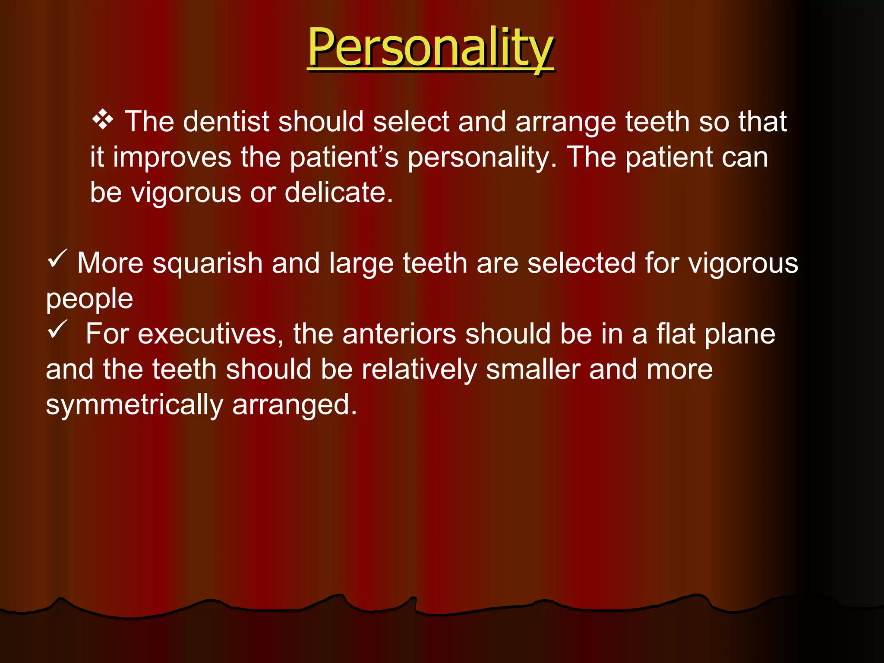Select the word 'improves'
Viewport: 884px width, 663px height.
[x=172, y=157]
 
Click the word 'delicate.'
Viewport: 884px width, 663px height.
[x=339, y=193]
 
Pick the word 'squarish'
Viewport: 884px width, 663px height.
[x=207, y=263]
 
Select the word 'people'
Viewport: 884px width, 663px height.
[x=89, y=299]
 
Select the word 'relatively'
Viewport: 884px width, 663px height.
[x=419, y=369]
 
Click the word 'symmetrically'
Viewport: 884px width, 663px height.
[x=134, y=405]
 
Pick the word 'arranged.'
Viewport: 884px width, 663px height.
[x=295, y=405]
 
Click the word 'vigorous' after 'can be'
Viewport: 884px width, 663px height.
[x=186, y=193]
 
